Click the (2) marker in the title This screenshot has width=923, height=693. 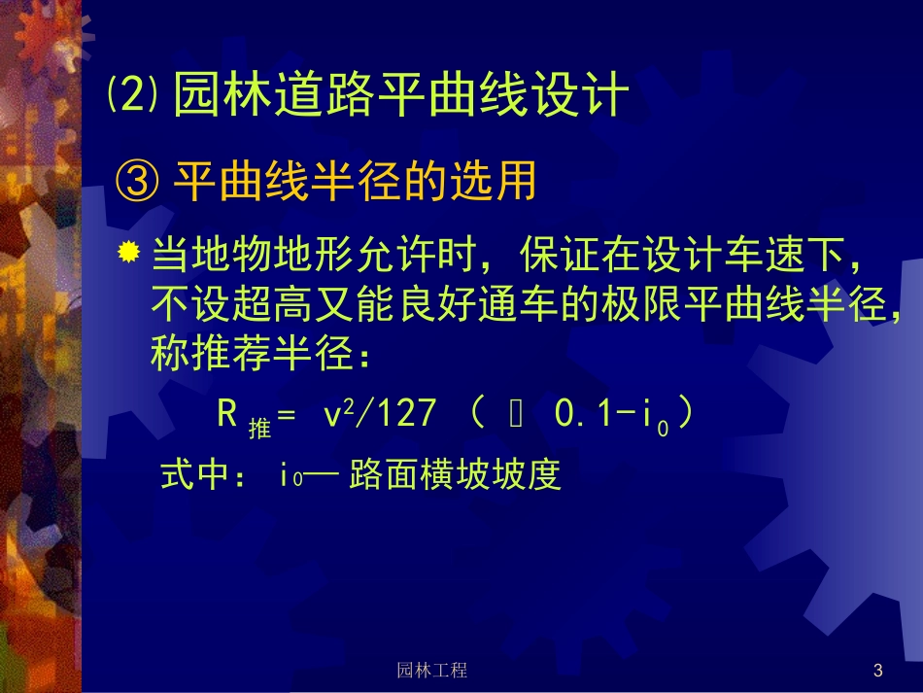pyautogui.click(x=131, y=96)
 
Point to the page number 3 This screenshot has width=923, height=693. pyautogui.click(x=877, y=670)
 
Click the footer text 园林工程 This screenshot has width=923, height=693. pyautogui.click(x=432, y=670)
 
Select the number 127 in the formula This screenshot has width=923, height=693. pyautogui.click(x=403, y=414)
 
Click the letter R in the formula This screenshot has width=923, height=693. pyautogui.click(x=228, y=414)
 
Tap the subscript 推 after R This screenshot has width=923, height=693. pyautogui.click(x=258, y=427)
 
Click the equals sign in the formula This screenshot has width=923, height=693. pyautogui.click(x=287, y=416)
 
